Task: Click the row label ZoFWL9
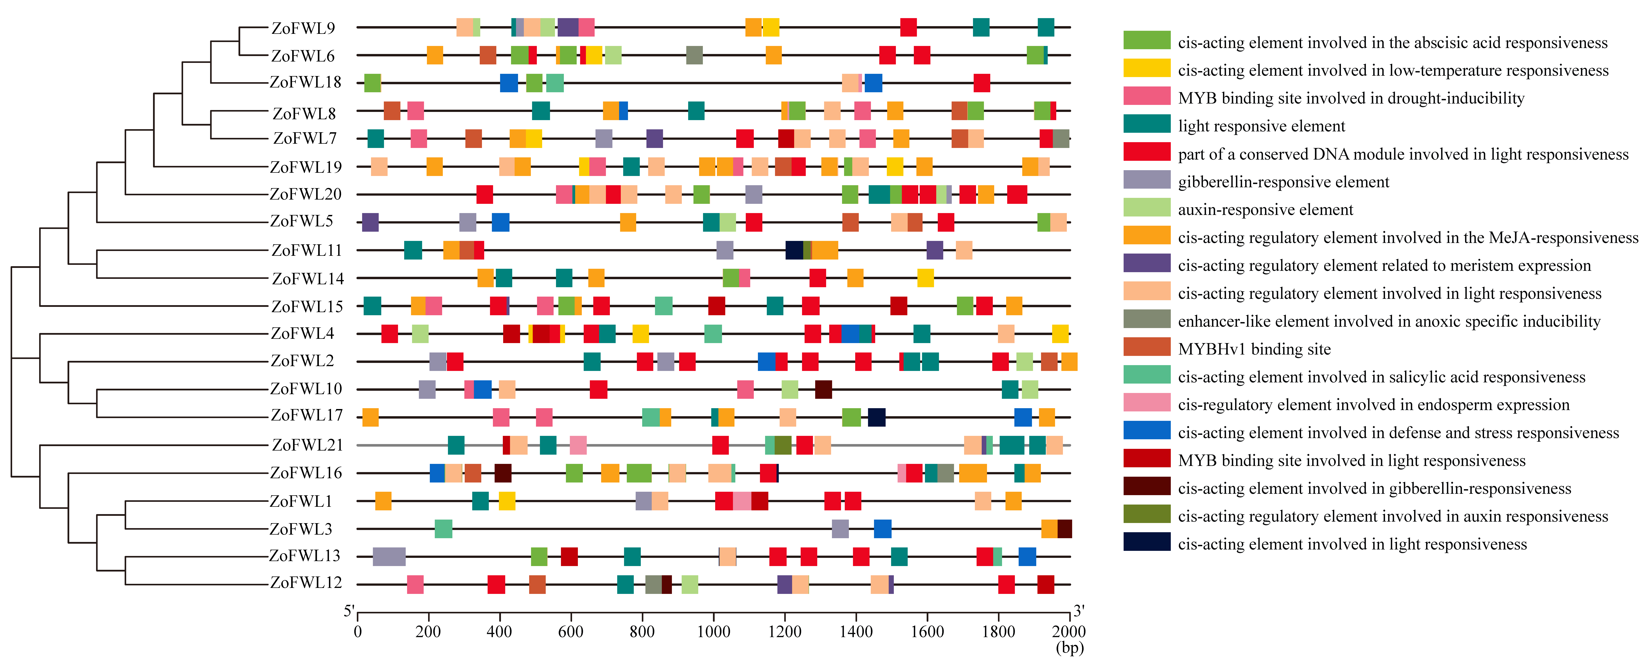pos(303,28)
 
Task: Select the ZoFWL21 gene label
pos(307,445)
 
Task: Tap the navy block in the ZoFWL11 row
pos(794,250)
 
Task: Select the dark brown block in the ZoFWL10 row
pos(823,389)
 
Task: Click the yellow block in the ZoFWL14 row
pos(925,278)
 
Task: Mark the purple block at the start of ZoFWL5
pos(370,222)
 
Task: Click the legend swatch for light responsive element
pos(1147,124)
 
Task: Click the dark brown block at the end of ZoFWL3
pos(1065,529)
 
